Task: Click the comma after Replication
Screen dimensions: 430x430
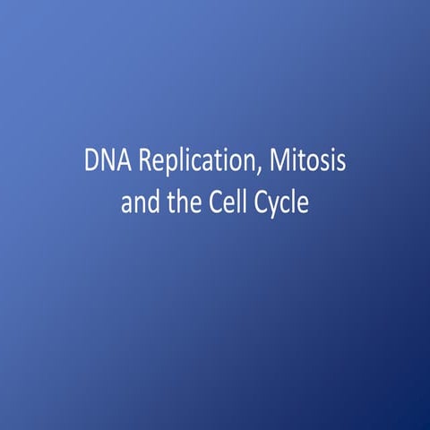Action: pyautogui.click(x=248, y=172)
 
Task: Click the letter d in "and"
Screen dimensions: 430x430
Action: pyautogui.click(x=153, y=202)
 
